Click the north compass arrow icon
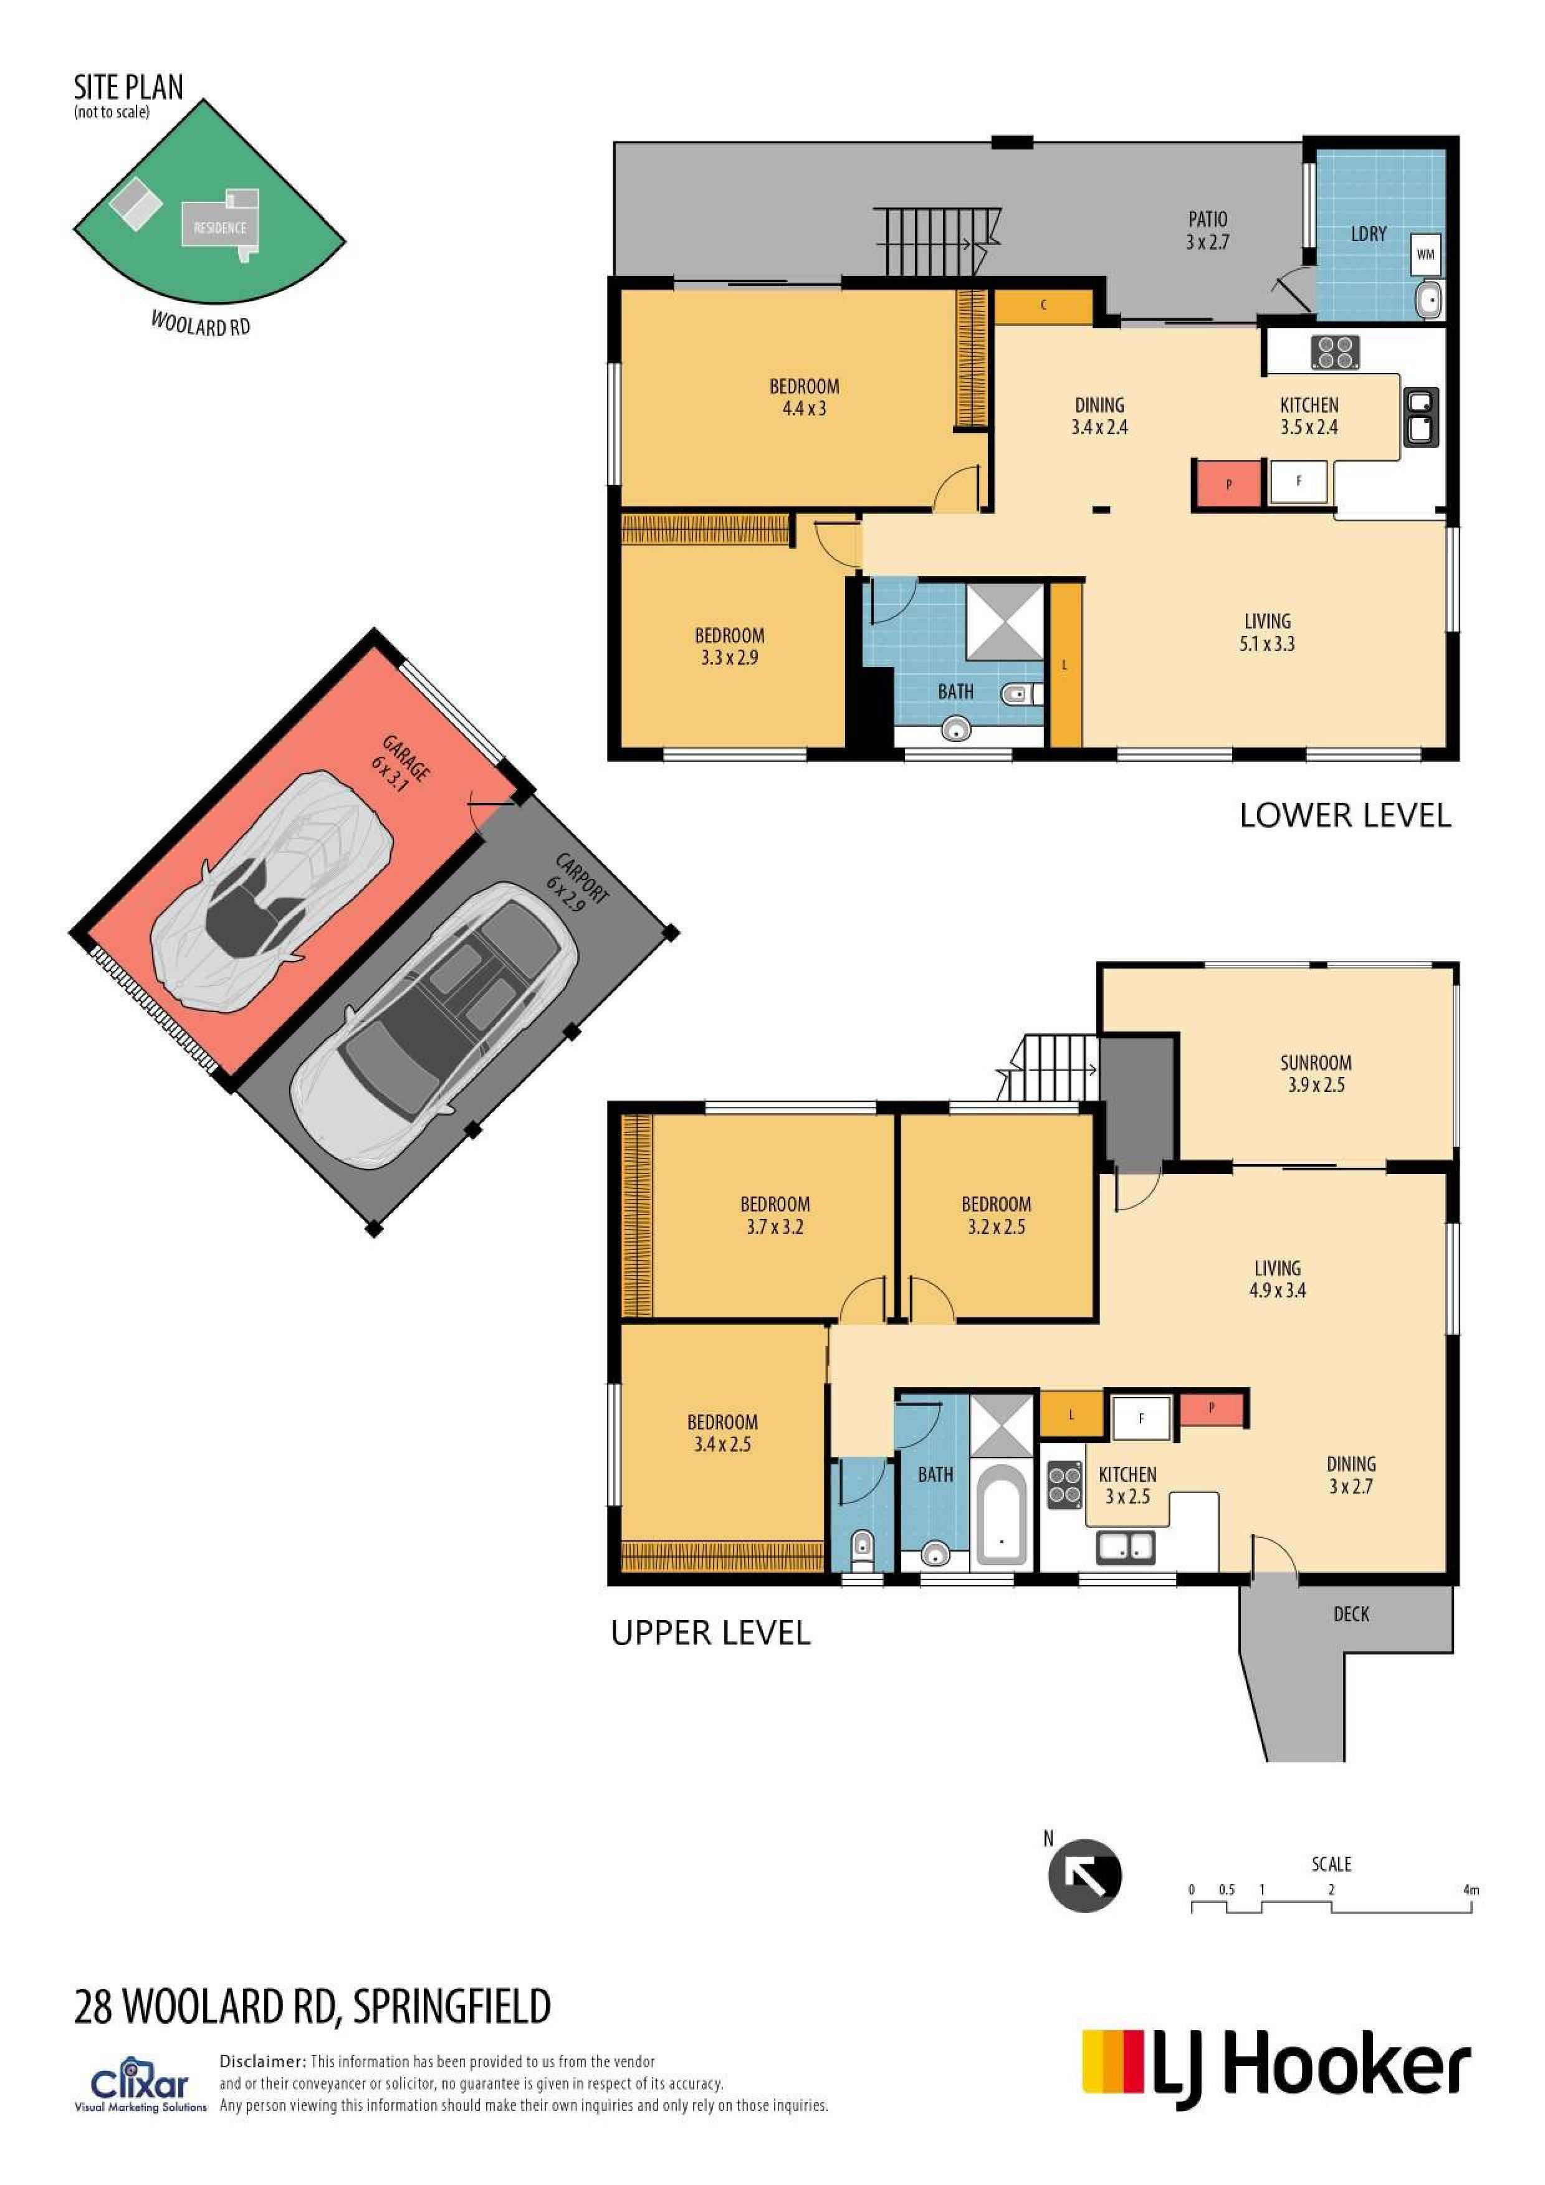tap(1084, 1875)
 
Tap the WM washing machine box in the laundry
tap(1425, 254)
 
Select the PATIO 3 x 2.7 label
tap(1207, 230)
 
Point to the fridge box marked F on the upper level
tap(1141, 1418)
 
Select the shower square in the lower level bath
tap(1004, 622)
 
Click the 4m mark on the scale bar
tap(1471, 1890)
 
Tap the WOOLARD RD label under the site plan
tap(200, 323)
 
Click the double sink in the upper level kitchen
tap(1126, 1547)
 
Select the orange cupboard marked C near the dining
tap(1043, 305)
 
